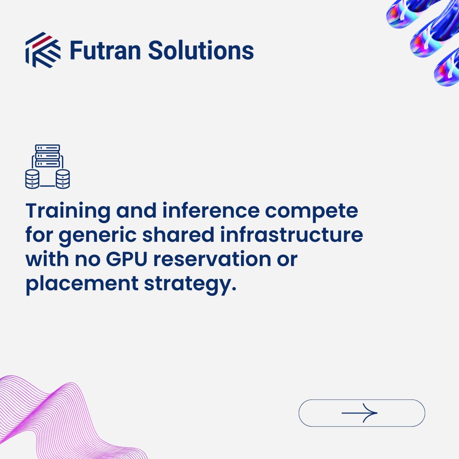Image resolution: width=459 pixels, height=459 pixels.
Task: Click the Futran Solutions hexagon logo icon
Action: tap(42, 50)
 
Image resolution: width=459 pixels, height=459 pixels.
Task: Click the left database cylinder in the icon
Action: tap(32, 178)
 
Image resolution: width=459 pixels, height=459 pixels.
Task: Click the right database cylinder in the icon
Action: tap(62, 178)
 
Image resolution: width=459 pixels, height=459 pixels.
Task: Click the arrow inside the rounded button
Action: tap(360, 413)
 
